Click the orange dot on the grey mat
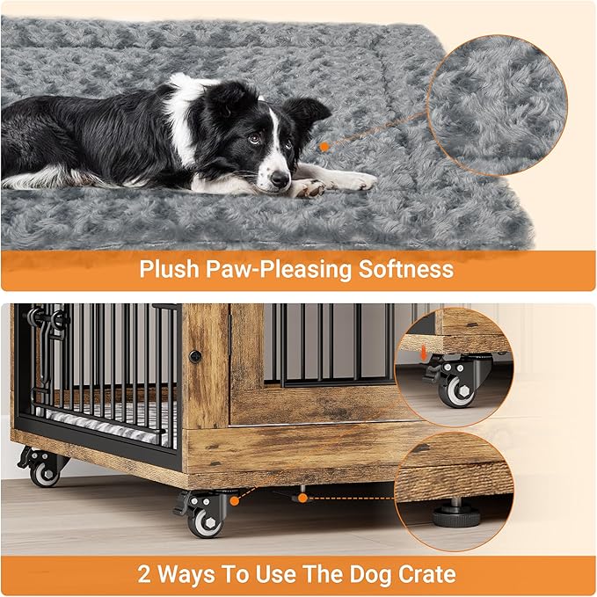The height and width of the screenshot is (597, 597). click(324, 147)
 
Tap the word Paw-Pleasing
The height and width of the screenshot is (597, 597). click(278, 269)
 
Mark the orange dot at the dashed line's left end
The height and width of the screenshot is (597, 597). click(302, 499)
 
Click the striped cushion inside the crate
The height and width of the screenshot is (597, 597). click(114, 421)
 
